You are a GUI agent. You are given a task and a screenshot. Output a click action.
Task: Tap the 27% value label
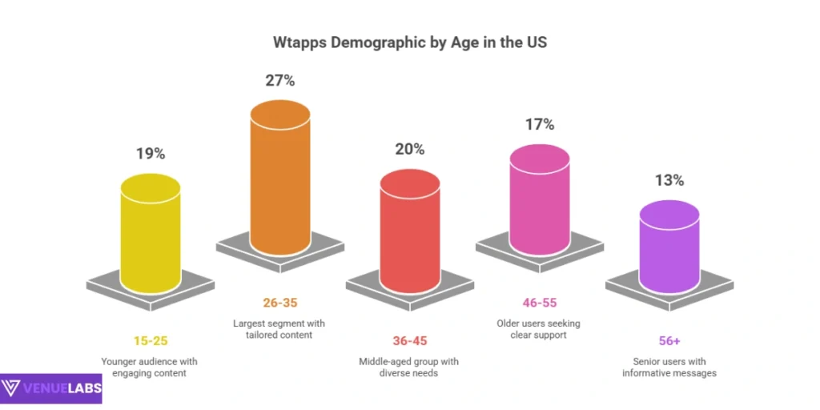coord(279,81)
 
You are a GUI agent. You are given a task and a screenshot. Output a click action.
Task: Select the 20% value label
coord(409,149)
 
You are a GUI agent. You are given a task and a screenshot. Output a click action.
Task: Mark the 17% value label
coord(539,124)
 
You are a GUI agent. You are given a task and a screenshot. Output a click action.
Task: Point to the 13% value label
coord(669,180)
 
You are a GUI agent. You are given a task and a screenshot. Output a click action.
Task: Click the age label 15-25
coord(151,340)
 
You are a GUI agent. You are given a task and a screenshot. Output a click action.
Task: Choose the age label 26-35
coord(279,303)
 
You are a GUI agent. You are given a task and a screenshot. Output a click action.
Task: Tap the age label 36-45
coord(409,340)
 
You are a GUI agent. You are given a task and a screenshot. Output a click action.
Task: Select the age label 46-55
coord(539,303)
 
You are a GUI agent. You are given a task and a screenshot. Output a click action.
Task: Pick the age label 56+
coord(669,340)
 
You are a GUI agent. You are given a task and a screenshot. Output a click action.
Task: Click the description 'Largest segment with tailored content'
coord(279,329)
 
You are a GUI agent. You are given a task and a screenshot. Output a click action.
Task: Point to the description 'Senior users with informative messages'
coord(670,367)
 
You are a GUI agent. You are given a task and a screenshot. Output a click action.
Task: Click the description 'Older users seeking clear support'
coord(539,329)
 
